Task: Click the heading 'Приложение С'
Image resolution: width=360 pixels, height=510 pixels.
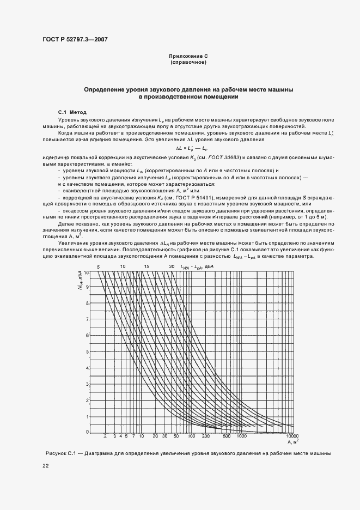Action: coord(188,56)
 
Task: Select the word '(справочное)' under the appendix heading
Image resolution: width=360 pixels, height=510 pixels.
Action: coord(188,62)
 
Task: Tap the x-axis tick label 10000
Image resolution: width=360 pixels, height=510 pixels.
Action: coord(293,436)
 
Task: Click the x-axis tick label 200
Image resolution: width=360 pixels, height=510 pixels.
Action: coord(205,436)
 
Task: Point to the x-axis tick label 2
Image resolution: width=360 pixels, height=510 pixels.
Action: coord(105,436)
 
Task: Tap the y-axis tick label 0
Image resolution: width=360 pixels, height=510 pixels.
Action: coord(88,432)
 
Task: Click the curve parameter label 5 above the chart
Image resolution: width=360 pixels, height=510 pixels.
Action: coord(99,266)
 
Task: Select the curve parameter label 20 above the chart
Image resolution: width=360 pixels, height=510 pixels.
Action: coord(171,266)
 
